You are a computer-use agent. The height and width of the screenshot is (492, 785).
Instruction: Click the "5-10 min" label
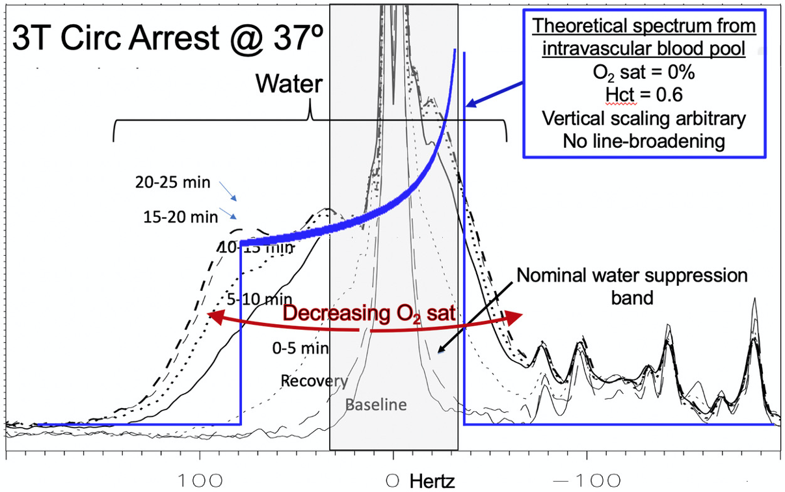pos(259,299)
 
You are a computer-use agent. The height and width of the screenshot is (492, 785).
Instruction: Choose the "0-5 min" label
pos(300,348)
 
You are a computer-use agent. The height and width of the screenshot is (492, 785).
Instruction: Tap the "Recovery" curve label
pos(314,380)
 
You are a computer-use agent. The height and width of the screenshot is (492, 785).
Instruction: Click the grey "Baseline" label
pos(376,405)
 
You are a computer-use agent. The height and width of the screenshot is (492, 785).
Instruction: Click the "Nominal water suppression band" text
pos(632,284)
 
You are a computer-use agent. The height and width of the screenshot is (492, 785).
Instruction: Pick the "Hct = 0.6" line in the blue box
pos(643,94)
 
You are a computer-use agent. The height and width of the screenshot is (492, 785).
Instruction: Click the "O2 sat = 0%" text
pos(643,72)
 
